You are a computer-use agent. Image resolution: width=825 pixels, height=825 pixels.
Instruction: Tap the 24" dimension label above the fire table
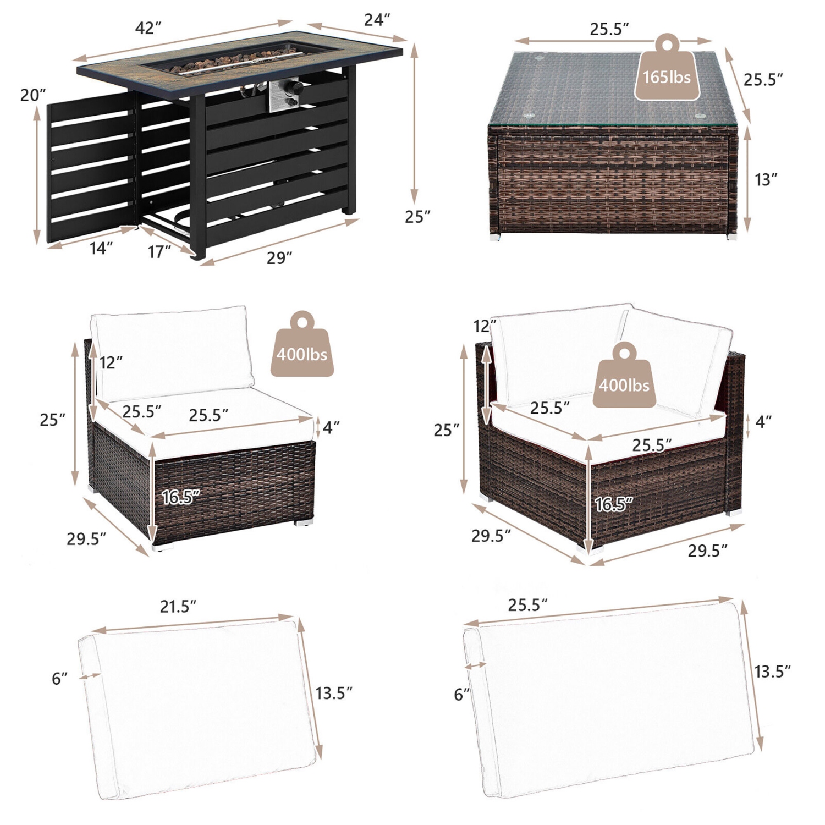[377, 20]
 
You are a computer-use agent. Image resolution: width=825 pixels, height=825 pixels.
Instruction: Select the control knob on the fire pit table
[295, 87]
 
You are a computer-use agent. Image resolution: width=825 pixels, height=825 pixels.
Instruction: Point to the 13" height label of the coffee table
[766, 179]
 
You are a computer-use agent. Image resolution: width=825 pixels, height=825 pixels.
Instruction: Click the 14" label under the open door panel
[101, 248]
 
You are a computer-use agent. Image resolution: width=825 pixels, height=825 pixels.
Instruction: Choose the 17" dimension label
[159, 252]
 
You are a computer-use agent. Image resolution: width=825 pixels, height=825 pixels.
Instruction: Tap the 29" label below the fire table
[279, 257]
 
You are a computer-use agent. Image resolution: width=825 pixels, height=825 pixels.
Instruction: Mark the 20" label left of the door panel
[33, 95]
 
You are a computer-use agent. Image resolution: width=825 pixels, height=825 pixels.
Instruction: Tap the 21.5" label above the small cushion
[178, 607]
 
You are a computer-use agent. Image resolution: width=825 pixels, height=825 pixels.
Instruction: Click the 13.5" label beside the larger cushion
[773, 671]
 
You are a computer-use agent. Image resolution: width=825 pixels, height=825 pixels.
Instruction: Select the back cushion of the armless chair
[173, 354]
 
